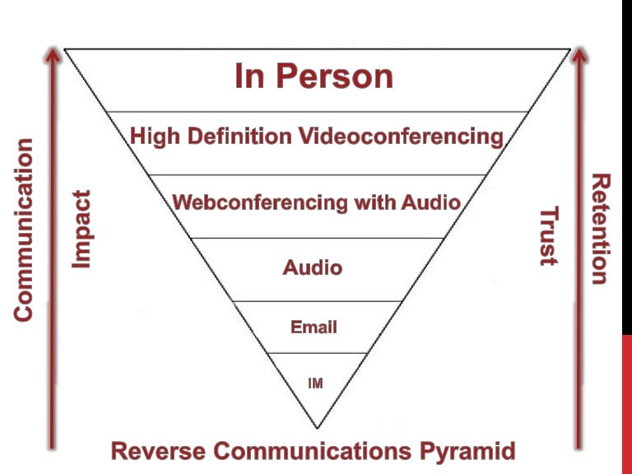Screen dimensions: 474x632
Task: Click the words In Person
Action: (314, 77)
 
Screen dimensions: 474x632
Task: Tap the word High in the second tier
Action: (154, 135)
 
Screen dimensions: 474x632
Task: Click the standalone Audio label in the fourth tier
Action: (313, 267)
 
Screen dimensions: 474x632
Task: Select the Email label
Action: (314, 328)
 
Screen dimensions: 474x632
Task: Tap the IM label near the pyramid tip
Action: (315, 383)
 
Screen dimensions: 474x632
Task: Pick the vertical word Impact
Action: (81, 230)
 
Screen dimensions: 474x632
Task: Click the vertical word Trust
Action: (549, 237)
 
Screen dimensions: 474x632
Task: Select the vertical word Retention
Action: (602, 229)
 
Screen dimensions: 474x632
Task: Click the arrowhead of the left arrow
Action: (53, 55)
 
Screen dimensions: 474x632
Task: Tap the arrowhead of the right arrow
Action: (579, 55)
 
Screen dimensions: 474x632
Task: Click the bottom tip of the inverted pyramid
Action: (317, 426)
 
